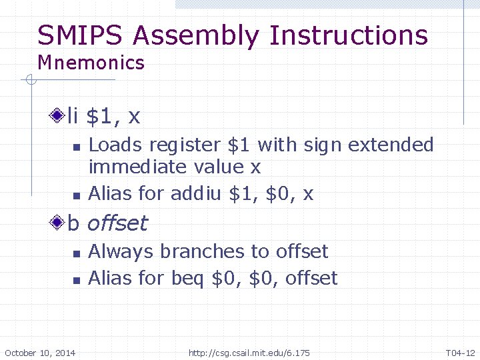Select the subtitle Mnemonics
point(91,63)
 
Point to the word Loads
point(116,145)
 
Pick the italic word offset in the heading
point(117,224)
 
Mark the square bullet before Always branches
point(76,253)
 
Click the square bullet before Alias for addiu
point(76,195)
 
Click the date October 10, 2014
point(40,353)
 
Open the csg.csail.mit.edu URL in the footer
point(249,353)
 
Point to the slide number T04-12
point(460,353)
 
